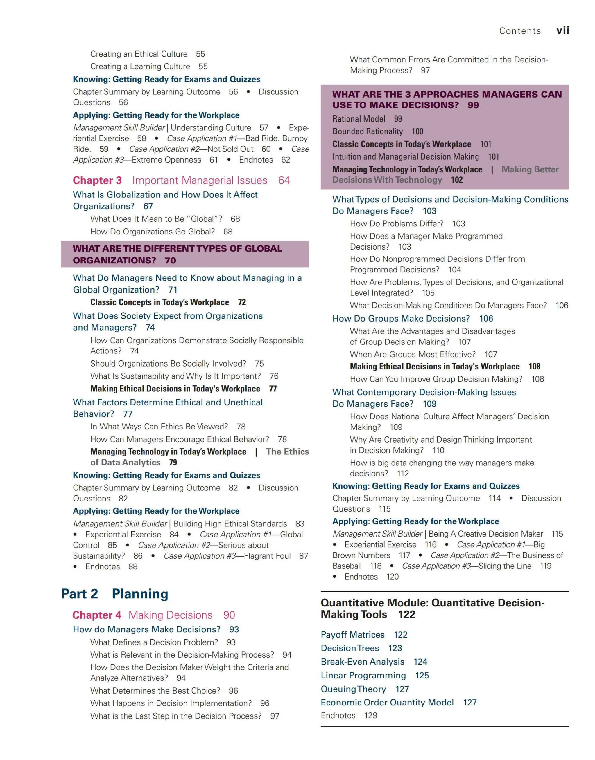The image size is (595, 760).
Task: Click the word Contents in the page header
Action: (x=520, y=31)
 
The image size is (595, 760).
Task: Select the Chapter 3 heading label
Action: (x=97, y=180)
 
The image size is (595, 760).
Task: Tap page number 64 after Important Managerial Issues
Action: (x=284, y=180)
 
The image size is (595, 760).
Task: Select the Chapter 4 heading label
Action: (x=97, y=615)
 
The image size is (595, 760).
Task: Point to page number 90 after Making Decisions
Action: (x=229, y=615)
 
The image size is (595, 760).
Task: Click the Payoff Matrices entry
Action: (x=352, y=635)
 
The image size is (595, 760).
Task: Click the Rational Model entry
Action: (x=359, y=119)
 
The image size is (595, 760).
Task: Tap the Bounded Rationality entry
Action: (x=368, y=131)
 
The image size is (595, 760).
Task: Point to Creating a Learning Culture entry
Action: (x=140, y=66)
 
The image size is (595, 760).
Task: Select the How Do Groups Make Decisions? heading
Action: (x=401, y=318)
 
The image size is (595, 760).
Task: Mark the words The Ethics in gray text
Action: (x=287, y=452)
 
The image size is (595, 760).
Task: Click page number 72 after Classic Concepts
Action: (x=242, y=302)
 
